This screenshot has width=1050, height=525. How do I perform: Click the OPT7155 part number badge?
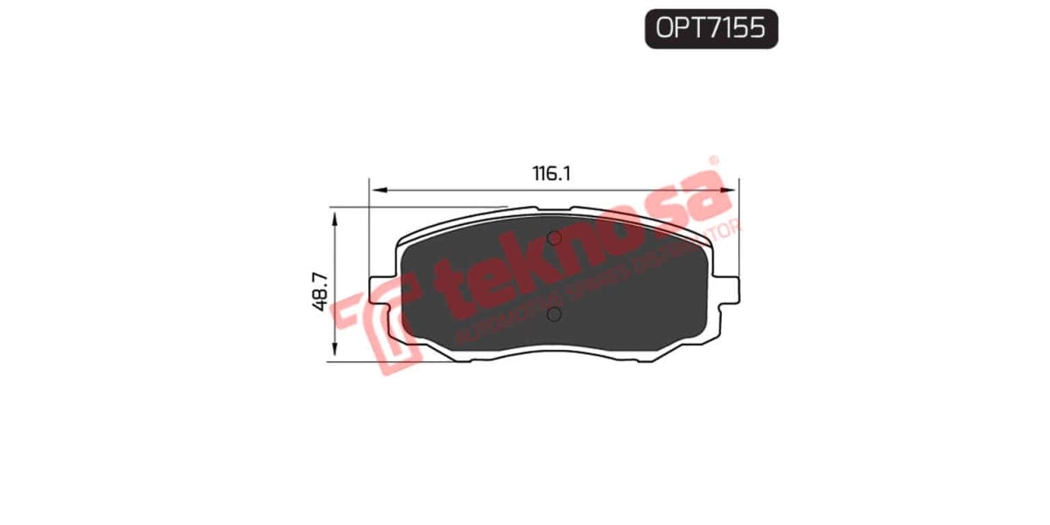[x=710, y=29]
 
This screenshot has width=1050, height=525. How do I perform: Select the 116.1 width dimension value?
[x=551, y=173]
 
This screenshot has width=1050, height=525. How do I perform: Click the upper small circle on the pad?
[x=554, y=238]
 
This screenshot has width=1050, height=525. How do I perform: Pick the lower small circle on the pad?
[x=554, y=314]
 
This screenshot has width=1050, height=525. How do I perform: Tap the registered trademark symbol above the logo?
[x=713, y=161]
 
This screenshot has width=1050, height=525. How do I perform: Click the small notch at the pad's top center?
[x=554, y=210]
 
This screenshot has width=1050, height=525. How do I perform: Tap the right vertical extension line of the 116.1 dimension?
[x=739, y=227]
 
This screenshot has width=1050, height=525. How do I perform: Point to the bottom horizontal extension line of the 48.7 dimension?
[x=394, y=361]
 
